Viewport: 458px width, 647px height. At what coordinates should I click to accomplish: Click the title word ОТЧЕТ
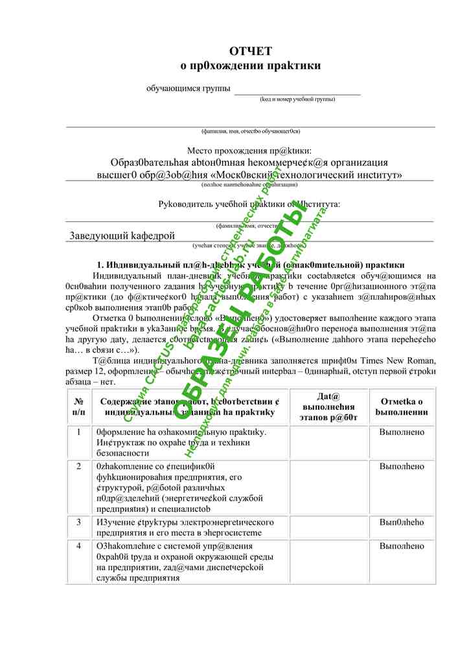click(x=251, y=51)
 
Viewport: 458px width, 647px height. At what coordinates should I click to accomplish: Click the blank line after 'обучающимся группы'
click(x=297, y=90)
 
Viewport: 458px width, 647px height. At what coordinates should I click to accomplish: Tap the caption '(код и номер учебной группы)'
click(x=297, y=99)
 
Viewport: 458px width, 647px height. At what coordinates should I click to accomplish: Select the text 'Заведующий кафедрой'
click(x=122, y=236)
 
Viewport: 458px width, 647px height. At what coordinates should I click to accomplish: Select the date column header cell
click(x=328, y=406)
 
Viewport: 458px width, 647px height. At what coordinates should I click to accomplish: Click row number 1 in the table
click(x=79, y=432)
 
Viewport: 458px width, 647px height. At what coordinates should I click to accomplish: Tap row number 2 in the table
click(x=79, y=466)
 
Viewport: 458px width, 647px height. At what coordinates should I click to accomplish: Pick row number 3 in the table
click(x=79, y=521)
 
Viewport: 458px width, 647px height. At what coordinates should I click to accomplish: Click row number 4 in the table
click(x=79, y=546)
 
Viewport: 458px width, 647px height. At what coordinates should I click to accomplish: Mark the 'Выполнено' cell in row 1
click(x=402, y=432)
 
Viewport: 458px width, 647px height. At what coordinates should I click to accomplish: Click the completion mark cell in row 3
click(x=402, y=521)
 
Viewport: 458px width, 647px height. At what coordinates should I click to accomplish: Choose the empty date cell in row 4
click(x=328, y=561)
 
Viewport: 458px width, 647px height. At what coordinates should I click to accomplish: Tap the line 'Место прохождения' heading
click(x=249, y=150)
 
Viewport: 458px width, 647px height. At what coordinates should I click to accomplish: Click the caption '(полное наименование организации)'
click(x=249, y=184)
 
